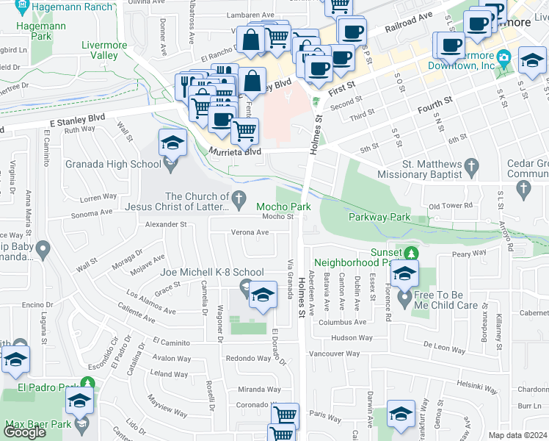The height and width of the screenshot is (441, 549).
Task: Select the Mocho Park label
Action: click(279, 207)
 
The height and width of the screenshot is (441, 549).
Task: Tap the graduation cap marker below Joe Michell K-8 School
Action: click(262, 296)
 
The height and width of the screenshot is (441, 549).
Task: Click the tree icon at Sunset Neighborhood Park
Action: click(412, 253)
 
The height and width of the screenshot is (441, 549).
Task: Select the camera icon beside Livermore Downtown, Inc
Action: click(503, 57)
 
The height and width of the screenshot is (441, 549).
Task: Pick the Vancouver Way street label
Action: click(334, 354)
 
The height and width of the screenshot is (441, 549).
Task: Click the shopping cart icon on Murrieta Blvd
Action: click(244, 132)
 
